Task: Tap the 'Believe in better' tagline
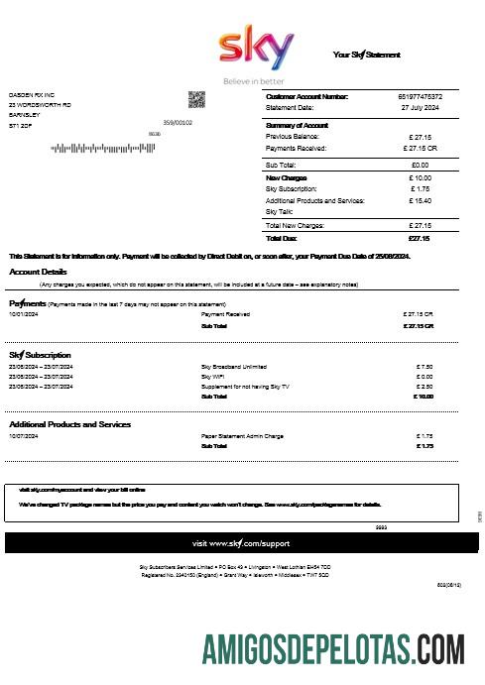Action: coord(253,80)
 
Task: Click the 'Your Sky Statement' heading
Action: coord(366,55)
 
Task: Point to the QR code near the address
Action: coord(196,99)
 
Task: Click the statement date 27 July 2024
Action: coord(420,107)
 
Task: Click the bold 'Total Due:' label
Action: coord(283,238)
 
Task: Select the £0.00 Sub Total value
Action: coord(420,165)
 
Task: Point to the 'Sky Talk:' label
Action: coord(280,211)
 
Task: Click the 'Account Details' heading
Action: coord(39,272)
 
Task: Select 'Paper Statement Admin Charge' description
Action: coord(243,436)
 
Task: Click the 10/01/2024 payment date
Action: coord(23,314)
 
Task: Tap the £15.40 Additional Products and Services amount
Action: coord(420,200)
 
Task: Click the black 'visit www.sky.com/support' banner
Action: coord(241,543)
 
